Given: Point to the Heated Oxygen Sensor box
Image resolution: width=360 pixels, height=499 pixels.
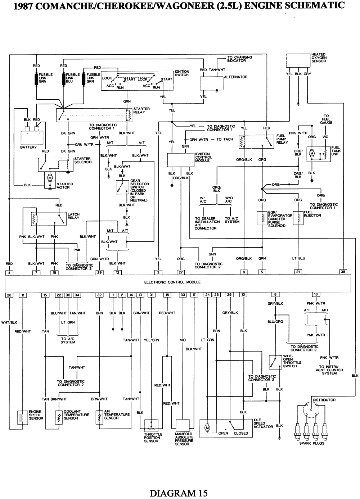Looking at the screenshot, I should click(x=298, y=60).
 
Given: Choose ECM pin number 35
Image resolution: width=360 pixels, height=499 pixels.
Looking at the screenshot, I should click(x=343, y=272).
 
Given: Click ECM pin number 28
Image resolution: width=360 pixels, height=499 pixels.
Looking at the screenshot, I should click(x=9, y=295).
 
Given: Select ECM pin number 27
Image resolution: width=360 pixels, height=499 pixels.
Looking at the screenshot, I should click(x=181, y=272).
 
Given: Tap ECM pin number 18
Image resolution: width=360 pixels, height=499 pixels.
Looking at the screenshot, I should click(x=316, y=295).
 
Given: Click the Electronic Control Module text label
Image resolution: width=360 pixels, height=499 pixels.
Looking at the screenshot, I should click(x=172, y=282).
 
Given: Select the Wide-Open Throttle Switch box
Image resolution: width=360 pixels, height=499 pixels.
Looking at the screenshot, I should click(x=276, y=362).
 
